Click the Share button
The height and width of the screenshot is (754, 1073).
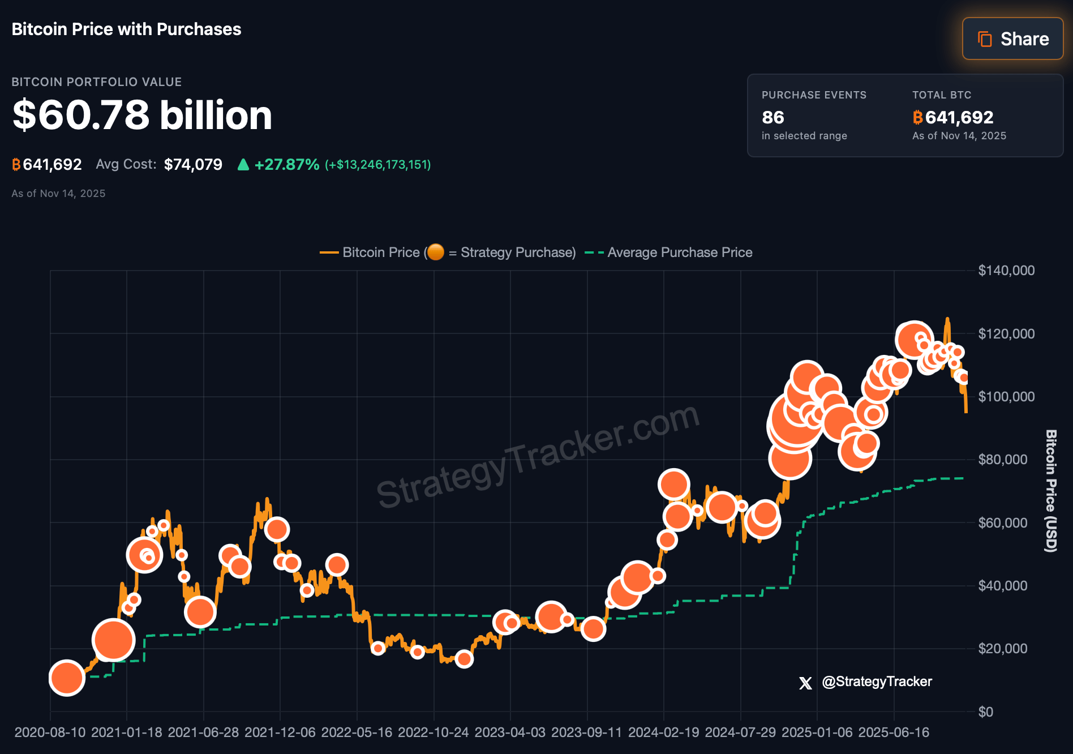coord(1012,38)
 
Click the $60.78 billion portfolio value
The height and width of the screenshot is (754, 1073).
coord(142,115)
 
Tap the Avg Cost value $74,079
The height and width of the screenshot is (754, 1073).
coord(193,165)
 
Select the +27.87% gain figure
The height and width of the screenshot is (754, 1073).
coord(287,165)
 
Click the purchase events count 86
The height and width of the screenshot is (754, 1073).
coord(772,117)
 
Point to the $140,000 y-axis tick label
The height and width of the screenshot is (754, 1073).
coord(1006,271)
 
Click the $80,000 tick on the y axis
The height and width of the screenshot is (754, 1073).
coord(1002,460)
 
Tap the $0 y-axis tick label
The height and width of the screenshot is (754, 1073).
coord(985,712)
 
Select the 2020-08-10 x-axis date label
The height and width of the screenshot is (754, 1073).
coord(50,732)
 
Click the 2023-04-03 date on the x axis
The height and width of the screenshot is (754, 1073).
coord(510,732)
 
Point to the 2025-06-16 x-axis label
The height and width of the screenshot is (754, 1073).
coord(894,732)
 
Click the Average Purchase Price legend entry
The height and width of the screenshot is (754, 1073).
coord(679,252)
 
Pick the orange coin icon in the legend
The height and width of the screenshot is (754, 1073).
coord(435,252)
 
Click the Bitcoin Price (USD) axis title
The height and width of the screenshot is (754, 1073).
coord(1051,491)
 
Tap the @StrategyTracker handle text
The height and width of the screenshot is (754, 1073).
coord(877,682)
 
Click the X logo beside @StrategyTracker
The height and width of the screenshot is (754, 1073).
coord(805,683)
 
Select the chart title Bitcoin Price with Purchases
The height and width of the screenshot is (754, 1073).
coord(126,29)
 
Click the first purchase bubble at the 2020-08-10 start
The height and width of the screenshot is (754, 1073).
coord(67,678)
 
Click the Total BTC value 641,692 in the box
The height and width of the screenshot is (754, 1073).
coord(959,117)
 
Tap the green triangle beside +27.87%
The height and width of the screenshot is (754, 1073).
coord(243,165)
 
